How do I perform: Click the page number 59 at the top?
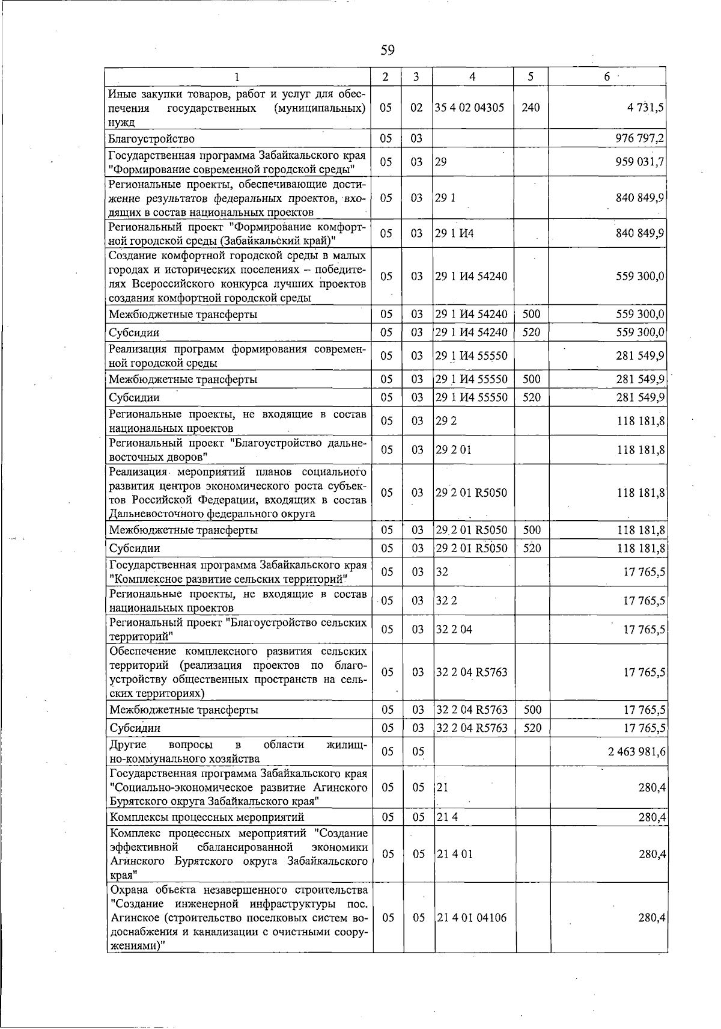click(388, 50)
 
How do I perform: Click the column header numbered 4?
click(473, 76)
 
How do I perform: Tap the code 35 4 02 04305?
click(470, 108)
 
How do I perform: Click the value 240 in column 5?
click(531, 108)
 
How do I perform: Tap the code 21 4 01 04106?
click(471, 918)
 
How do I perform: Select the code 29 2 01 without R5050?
click(454, 450)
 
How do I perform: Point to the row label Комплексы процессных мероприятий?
click(207, 817)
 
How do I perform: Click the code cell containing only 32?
click(442, 571)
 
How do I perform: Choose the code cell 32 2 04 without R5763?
click(454, 629)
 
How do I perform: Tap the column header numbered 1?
click(237, 76)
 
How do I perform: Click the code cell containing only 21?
click(442, 788)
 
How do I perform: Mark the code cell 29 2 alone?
click(446, 421)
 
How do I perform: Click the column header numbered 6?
click(607, 76)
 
